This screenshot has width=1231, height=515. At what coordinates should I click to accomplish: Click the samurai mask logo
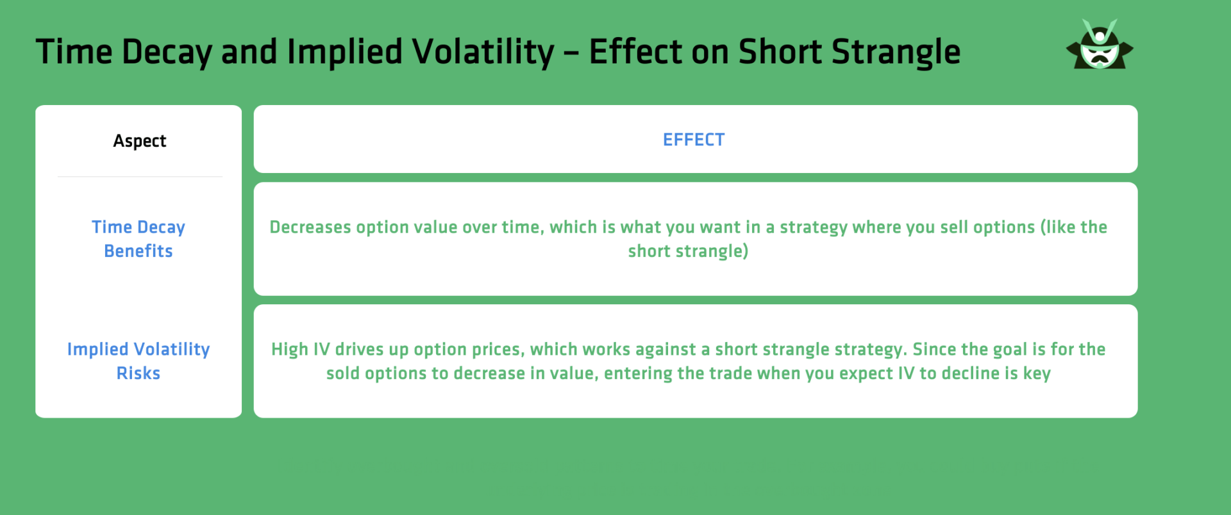click(1100, 45)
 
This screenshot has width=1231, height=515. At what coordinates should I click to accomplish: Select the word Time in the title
click(74, 52)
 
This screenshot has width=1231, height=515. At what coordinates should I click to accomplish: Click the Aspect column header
click(139, 141)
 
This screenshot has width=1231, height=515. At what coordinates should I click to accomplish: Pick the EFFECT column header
click(694, 140)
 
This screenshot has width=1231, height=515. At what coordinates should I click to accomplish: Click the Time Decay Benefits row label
click(138, 239)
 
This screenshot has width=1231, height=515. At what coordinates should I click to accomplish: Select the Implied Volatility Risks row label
click(138, 361)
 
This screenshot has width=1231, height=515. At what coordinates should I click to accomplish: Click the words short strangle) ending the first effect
click(688, 251)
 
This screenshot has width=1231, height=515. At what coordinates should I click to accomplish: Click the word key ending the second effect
click(1037, 373)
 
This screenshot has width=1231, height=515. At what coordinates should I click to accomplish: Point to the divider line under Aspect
click(140, 177)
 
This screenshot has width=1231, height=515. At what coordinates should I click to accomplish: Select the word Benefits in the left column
click(138, 251)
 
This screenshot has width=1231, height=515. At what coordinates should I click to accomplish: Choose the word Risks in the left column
click(138, 373)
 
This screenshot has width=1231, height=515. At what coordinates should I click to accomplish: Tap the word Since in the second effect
click(934, 350)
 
